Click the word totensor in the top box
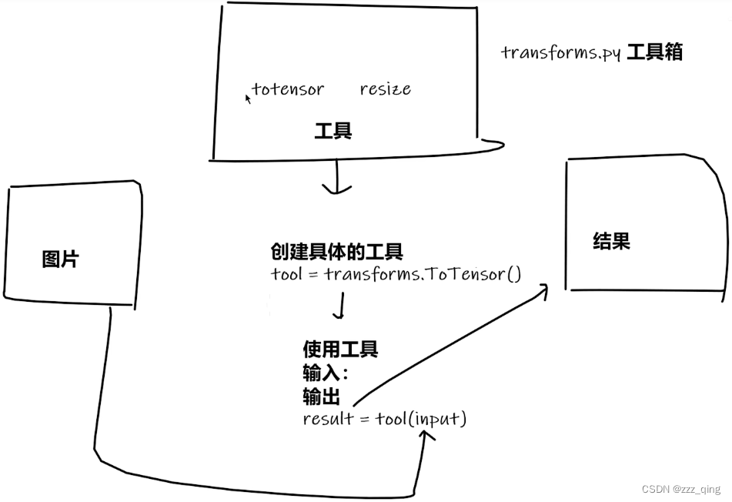288,89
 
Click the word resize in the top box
386,89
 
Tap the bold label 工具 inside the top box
333,131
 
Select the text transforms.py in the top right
561,53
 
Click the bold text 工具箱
654,52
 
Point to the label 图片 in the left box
60,259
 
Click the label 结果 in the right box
612,241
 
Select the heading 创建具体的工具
337,252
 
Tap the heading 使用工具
341,350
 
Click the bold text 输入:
326,373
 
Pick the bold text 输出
322,397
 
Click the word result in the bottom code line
327,419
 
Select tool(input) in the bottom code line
421,419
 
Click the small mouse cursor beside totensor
248,99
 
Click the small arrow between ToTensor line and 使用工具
339,308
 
